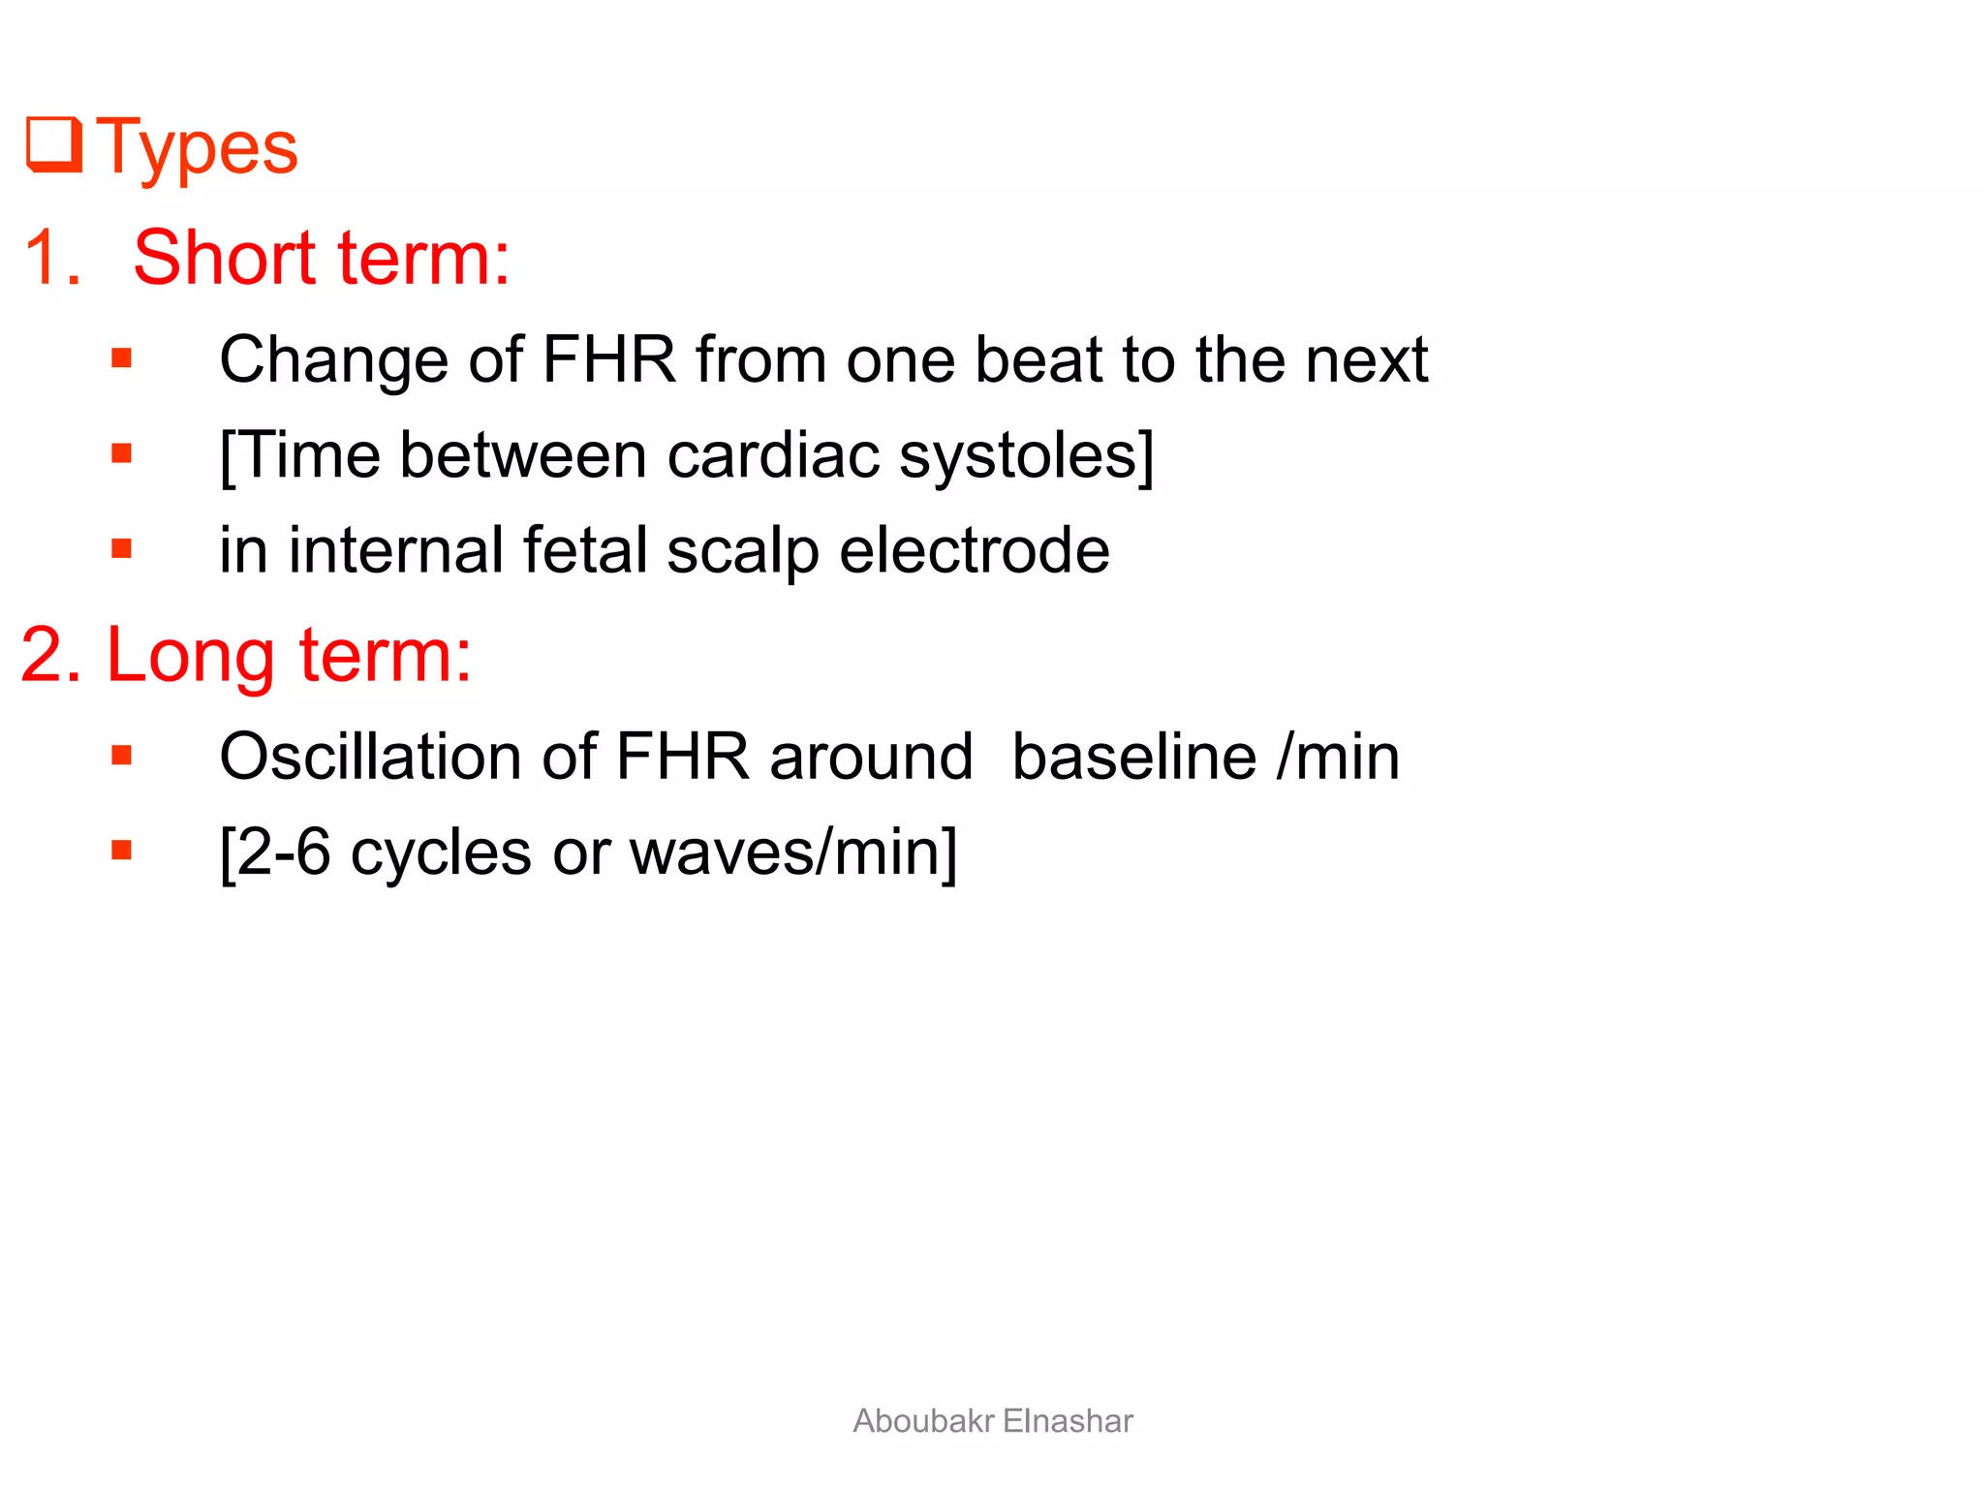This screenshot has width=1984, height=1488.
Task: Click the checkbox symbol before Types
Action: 54,144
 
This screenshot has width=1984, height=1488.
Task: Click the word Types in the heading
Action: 198,148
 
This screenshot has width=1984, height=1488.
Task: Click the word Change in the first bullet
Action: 332,360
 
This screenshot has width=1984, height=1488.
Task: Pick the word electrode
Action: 974,550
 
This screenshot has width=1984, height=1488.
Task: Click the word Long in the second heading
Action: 190,656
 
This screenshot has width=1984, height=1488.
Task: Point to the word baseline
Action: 1133,757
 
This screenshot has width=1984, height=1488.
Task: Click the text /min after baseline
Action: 1338,757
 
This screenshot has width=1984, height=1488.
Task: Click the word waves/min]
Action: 792,852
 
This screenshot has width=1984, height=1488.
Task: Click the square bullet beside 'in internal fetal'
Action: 121,549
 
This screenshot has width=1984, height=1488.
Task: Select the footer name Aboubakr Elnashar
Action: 992,1421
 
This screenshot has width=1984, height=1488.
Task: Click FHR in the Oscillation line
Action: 681,757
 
